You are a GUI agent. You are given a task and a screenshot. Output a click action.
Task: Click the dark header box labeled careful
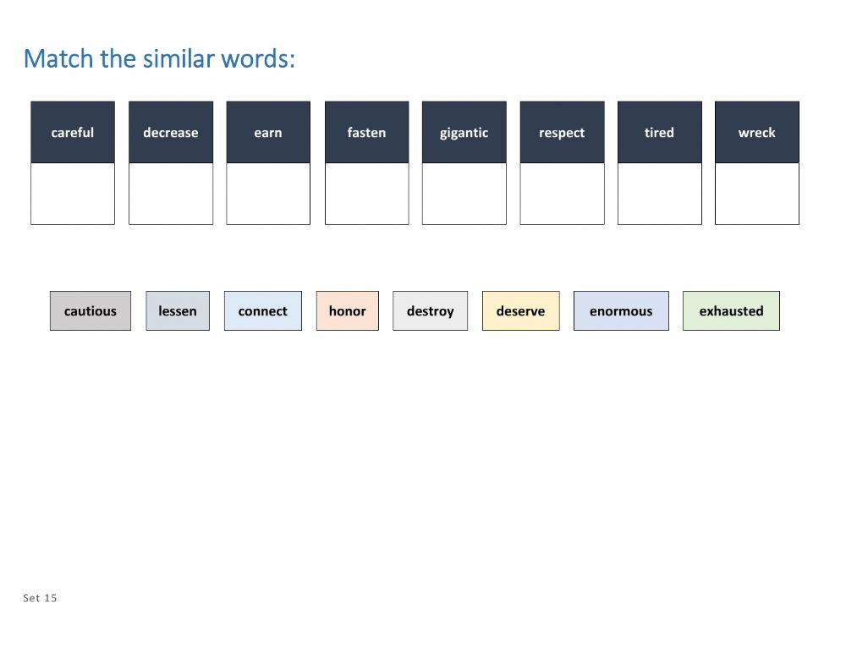point(73,132)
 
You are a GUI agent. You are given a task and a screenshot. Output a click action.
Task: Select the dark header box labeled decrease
point(171,132)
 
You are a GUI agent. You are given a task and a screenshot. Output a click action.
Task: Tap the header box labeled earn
point(268,132)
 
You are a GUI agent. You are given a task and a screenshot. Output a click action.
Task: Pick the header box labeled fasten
point(366,132)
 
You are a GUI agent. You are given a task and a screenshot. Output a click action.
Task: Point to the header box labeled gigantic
point(464,132)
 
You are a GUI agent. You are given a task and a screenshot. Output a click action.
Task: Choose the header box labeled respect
point(562,132)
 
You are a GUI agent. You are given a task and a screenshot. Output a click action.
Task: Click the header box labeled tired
point(660,132)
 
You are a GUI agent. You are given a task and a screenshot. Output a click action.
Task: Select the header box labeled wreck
point(757,132)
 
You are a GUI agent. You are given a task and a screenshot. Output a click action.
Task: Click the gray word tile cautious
point(91,310)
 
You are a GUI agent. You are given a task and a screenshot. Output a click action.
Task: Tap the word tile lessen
point(178,310)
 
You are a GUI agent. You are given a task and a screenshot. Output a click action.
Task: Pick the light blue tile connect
point(263,310)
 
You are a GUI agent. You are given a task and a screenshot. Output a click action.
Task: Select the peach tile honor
point(348,310)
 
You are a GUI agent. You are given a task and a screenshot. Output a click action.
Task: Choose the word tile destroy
point(430,310)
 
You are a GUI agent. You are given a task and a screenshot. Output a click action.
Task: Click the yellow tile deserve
point(521,310)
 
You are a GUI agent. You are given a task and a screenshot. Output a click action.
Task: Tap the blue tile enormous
point(621,310)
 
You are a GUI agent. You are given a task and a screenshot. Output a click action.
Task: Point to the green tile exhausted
point(731,310)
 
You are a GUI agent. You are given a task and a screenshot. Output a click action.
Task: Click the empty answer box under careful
point(73,194)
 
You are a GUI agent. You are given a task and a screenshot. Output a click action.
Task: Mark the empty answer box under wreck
point(757,194)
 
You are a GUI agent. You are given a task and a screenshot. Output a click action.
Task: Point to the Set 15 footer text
point(41,598)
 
